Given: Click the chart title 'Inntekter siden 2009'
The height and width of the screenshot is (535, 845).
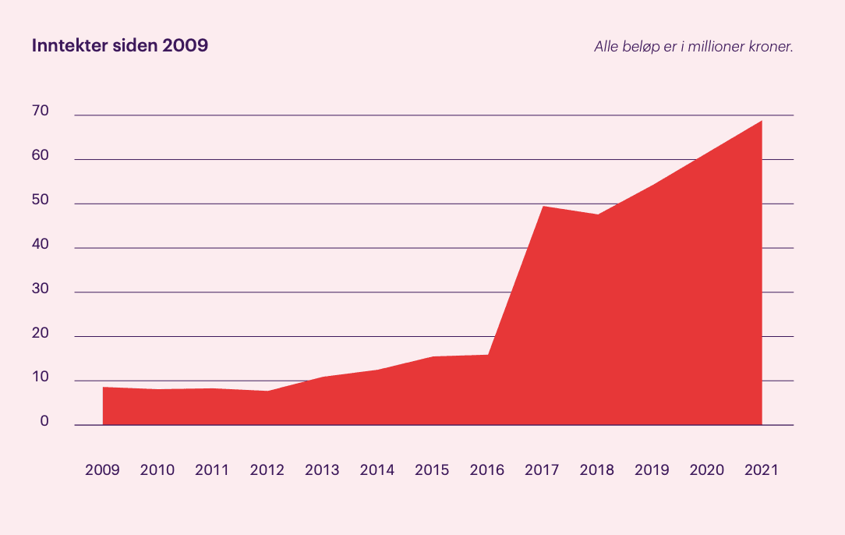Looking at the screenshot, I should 120,46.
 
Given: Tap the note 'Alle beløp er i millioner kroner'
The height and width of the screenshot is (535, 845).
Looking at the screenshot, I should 693,47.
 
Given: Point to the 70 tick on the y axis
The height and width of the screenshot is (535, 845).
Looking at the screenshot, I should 41,112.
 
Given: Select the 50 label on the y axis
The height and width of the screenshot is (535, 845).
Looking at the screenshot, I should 41,200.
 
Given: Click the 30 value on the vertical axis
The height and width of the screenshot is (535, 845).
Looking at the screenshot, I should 41,289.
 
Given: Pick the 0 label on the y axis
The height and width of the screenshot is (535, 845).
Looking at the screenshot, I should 44,422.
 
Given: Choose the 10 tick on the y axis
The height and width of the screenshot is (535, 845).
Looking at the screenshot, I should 41,378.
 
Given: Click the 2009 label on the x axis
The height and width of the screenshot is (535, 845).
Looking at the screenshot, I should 102,470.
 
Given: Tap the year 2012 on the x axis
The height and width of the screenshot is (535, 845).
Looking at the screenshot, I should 267,470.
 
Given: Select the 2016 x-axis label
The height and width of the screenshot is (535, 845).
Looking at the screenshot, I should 487,470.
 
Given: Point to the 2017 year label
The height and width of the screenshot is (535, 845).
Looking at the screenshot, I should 542,470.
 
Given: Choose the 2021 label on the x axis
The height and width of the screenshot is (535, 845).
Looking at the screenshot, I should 762,470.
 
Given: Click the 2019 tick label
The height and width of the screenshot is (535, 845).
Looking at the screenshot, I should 652,470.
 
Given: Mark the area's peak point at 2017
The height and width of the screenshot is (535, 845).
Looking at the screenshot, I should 543,207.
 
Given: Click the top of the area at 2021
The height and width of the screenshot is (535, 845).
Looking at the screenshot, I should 761,122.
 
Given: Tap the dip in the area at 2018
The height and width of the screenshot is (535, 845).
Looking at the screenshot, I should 598,214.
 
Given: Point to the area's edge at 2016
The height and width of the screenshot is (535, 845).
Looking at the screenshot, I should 488,355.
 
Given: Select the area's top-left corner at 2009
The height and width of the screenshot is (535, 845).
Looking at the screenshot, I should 104,388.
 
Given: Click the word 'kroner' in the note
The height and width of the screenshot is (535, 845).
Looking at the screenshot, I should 772,47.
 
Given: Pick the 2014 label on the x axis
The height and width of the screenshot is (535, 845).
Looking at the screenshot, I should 377,470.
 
